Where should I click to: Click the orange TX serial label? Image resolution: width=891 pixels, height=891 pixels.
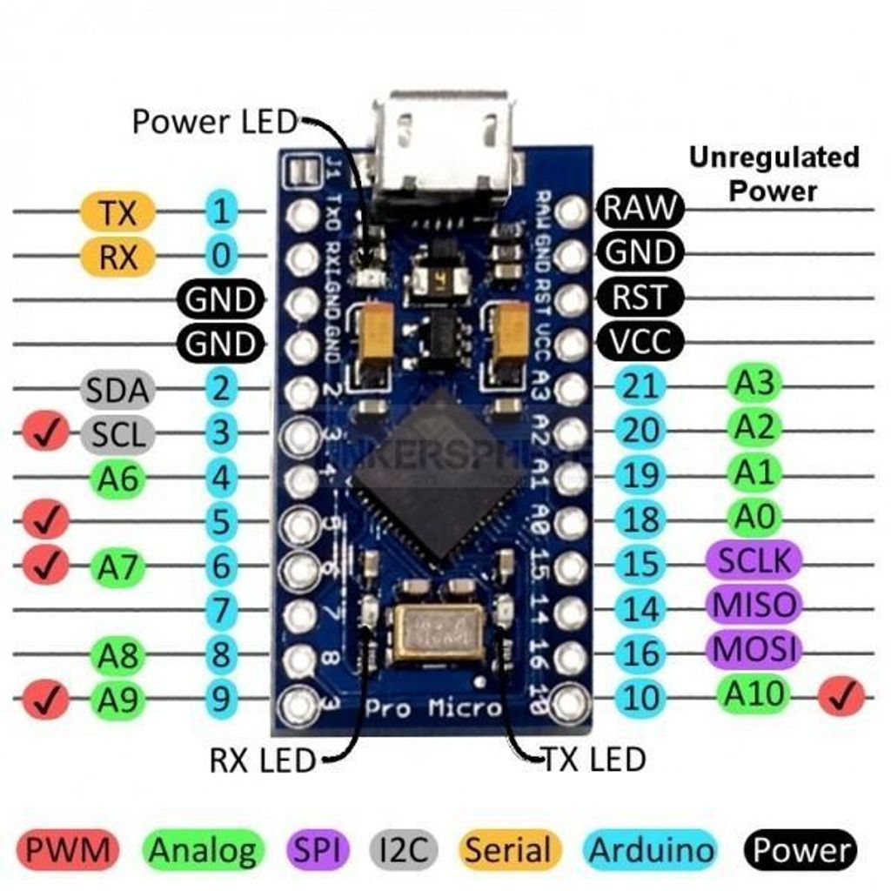117,211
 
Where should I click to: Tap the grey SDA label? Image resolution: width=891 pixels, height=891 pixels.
117,391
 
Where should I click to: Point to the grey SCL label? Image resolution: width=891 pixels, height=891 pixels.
117,432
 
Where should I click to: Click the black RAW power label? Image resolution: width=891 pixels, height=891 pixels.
640,208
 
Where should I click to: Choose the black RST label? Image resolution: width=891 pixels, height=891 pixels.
640,298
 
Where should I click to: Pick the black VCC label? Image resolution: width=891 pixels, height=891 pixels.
640,341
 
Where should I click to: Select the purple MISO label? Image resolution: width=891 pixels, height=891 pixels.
754,604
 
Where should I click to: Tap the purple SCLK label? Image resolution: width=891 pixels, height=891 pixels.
754,560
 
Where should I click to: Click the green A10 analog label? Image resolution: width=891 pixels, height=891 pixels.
754,693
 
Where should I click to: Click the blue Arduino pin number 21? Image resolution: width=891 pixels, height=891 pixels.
640,386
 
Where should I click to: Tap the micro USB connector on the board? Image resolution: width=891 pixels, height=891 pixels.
444,148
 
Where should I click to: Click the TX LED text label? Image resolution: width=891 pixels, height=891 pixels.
594,759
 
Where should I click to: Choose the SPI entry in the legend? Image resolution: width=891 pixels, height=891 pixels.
317,850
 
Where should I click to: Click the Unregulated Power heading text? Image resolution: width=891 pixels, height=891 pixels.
774,173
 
